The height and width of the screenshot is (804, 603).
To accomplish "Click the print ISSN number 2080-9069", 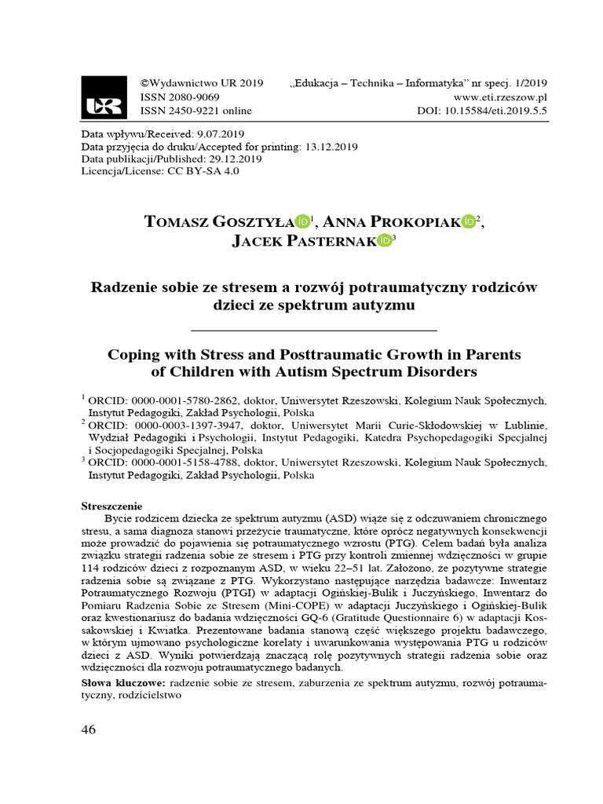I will [x=192, y=97].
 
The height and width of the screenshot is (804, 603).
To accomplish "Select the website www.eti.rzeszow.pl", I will [x=500, y=97].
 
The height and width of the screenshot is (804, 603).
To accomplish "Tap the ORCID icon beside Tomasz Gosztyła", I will [x=302, y=222].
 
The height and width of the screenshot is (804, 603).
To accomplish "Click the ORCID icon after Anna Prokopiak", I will [x=468, y=222].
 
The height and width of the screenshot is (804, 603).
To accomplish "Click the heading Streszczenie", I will [x=114, y=506].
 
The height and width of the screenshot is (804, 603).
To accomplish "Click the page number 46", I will [x=88, y=729].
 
